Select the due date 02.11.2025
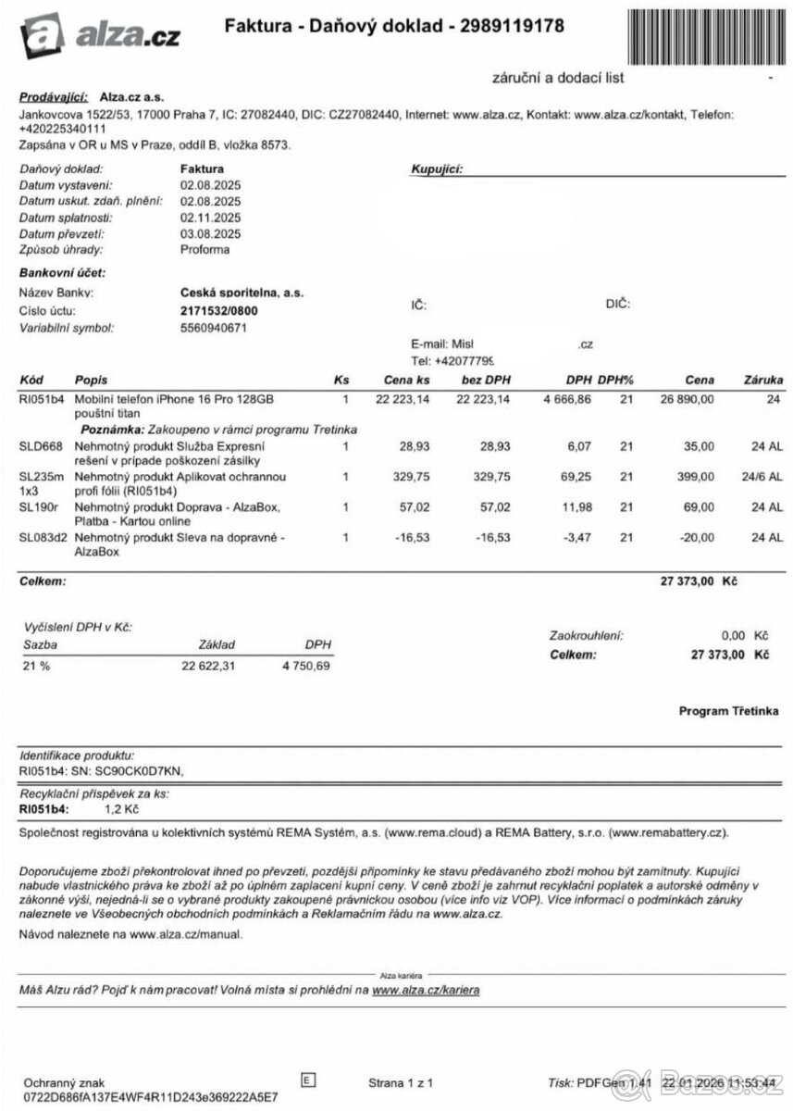(210, 218)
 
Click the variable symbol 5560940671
(214, 327)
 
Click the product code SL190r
(38, 507)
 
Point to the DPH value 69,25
(575, 477)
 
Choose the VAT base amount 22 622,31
(208, 665)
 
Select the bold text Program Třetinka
(728, 711)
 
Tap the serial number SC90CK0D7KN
(142, 770)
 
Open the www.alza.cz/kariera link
(426, 991)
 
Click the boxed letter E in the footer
(308, 1079)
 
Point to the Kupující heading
(436, 169)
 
